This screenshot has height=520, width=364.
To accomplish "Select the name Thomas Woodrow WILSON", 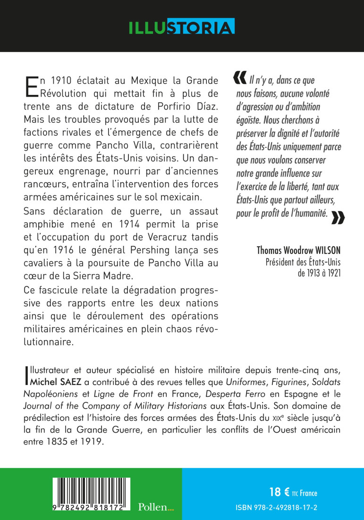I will (299, 250).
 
